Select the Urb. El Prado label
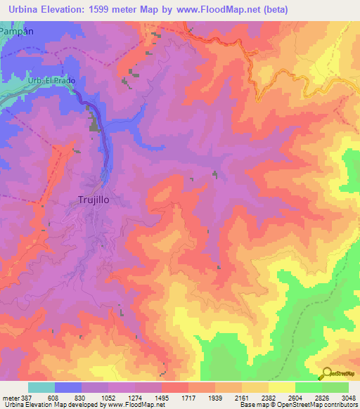51,81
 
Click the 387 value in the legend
28,397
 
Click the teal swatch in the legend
41,387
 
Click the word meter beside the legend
11,397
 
